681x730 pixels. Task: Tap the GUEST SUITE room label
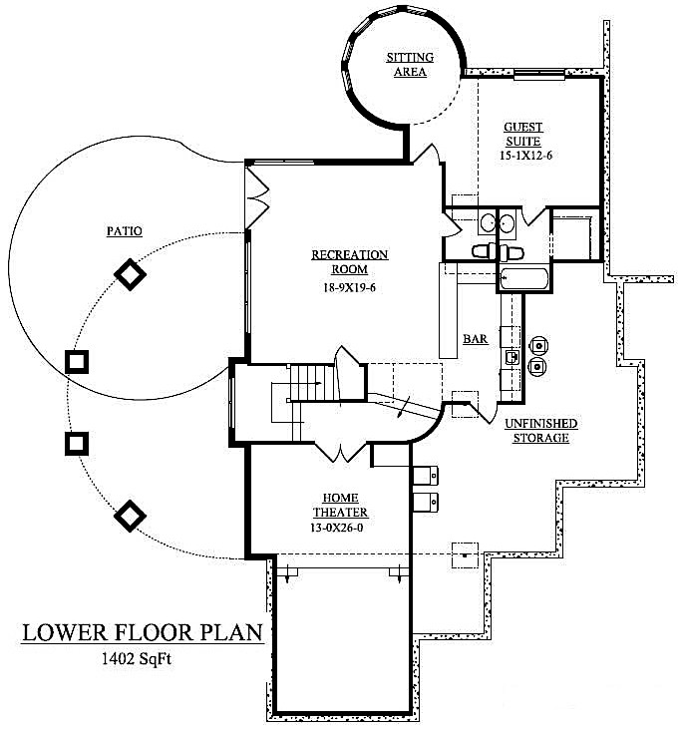[x=522, y=134]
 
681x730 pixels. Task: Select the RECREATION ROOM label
[x=349, y=262]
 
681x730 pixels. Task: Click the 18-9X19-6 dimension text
[x=349, y=288]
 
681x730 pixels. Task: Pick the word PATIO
[x=124, y=231]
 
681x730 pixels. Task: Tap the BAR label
[x=475, y=340]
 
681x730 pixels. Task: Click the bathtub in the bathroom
[x=522, y=278]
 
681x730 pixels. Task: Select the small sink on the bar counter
[x=511, y=356]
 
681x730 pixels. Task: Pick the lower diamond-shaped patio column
[x=129, y=516]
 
